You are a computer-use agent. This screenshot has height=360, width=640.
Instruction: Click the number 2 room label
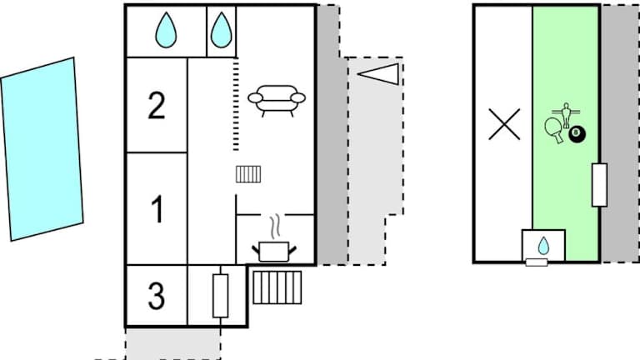pyautogui.click(x=157, y=106)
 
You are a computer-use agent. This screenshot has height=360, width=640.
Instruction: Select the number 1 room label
pyautogui.click(x=157, y=209)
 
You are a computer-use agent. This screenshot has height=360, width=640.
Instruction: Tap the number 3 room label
pyautogui.click(x=156, y=295)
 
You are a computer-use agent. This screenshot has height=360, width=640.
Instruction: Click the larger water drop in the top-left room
pyautogui.click(x=167, y=30)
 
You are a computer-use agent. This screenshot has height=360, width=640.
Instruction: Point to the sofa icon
pyautogui.click(x=277, y=99)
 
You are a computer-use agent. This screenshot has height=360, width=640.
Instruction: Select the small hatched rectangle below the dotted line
pyautogui.click(x=248, y=173)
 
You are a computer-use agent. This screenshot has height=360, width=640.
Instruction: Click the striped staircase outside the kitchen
pyautogui.click(x=277, y=287)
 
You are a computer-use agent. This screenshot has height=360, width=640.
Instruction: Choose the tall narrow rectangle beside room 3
pyautogui.click(x=220, y=295)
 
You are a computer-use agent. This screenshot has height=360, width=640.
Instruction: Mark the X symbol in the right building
pyautogui.click(x=503, y=124)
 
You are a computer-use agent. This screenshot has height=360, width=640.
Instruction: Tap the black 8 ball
pyautogui.click(x=576, y=132)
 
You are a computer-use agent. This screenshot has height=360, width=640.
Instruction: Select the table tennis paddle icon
pyautogui.click(x=556, y=127)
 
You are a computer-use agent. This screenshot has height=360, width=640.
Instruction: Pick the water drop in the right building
pyautogui.click(x=543, y=245)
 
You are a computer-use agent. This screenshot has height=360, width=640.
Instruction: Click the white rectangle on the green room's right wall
pyautogui.click(x=599, y=185)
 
